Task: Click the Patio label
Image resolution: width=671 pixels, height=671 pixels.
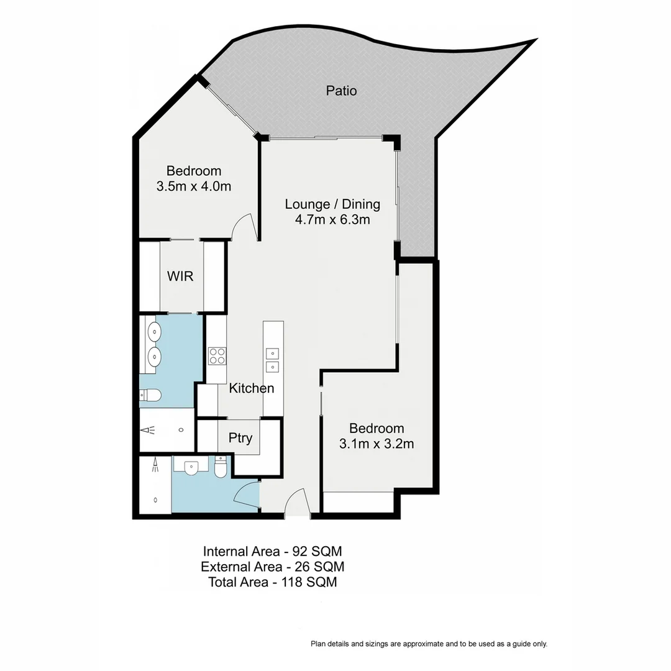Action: click(342, 91)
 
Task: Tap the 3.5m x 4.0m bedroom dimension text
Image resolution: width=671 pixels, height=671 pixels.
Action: click(194, 186)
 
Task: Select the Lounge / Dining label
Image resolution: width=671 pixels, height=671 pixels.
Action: click(332, 204)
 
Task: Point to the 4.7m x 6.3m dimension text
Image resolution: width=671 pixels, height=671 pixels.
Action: click(332, 219)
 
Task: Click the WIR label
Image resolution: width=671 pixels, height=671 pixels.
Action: click(180, 276)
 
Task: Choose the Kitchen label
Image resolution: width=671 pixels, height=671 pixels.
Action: click(252, 388)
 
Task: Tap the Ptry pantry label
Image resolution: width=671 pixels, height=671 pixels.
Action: click(240, 438)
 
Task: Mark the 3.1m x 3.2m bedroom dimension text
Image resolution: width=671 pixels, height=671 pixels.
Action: click(377, 444)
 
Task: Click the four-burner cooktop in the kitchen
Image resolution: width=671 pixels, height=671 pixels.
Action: click(217, 355)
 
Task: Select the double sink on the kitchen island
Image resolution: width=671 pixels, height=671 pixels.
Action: click(273, 360)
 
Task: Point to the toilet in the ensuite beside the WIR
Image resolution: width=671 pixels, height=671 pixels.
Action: click(150, 395)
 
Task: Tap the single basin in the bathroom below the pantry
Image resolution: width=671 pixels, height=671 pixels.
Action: click(190, 467)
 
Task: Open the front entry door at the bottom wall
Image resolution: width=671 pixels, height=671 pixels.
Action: click(297, 502)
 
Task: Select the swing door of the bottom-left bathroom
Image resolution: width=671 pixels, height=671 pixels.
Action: click(247, 495)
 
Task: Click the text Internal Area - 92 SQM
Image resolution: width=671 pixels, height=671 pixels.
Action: click(272, 551)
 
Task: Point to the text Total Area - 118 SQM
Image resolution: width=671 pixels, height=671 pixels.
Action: click(272, 582)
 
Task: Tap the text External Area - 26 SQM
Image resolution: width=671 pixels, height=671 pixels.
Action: click(272, 567)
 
